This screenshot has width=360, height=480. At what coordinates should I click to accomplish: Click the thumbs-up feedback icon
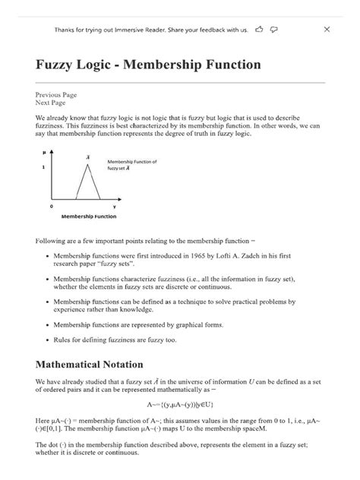pos(260,29)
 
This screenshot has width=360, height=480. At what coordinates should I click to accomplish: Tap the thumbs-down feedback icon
pos(273,29)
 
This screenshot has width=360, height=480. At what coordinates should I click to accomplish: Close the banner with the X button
pos(327,29)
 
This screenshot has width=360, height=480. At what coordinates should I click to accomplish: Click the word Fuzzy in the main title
pos(58,65)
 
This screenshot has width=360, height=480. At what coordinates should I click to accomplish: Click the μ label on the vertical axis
pos(46,153)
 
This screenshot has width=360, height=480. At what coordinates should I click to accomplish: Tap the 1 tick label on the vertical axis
pos(43,166)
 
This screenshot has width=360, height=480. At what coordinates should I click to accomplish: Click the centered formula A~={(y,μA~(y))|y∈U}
pos(180,405)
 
